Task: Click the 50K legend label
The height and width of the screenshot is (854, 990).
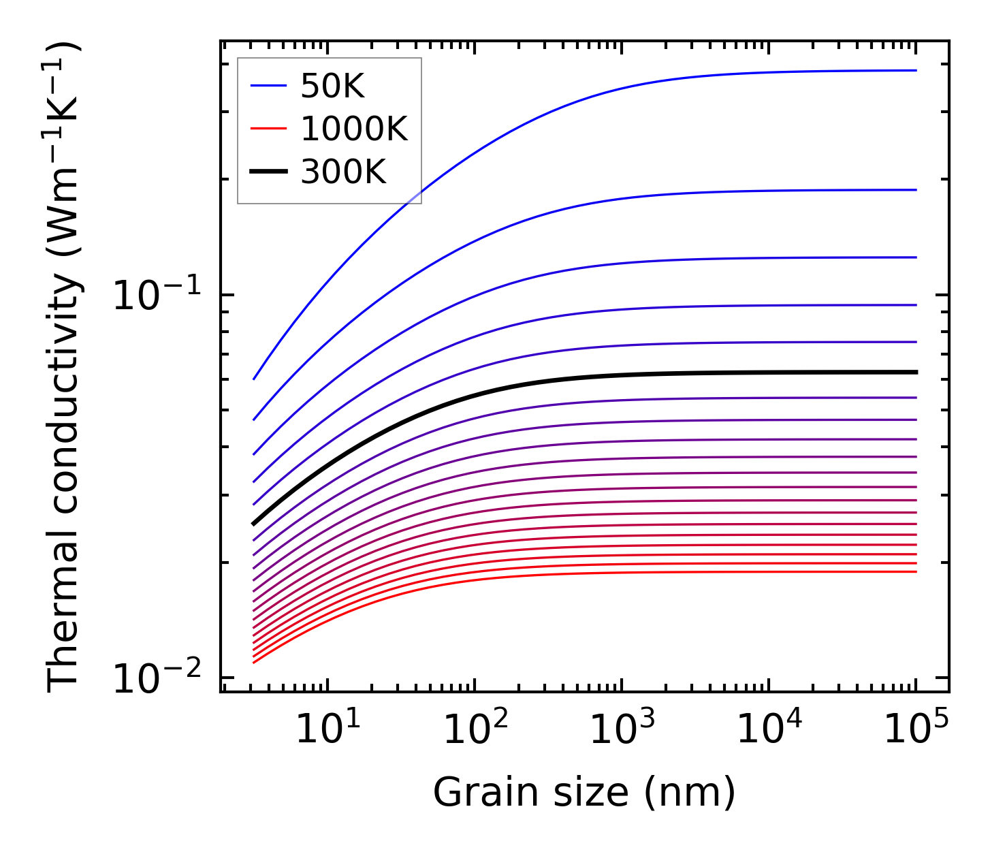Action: point(333,86)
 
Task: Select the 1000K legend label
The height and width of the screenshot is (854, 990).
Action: point(354,129)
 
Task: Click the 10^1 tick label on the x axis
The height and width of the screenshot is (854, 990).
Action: point(328,730)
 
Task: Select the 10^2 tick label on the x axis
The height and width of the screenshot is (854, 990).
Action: point(475,730)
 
